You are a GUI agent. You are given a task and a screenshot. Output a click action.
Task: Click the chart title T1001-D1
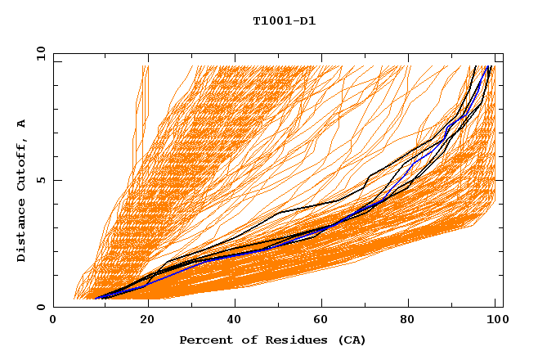284,21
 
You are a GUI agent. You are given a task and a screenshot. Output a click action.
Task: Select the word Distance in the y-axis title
22,232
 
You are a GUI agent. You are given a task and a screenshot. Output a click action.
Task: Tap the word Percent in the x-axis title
204,340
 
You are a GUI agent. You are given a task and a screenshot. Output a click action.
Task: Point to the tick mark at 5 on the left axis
56,180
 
